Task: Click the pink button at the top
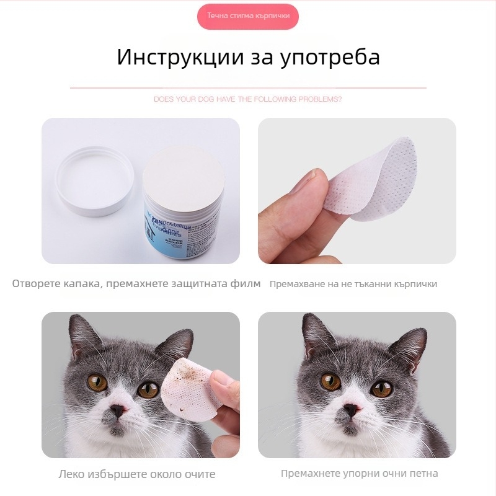[248, 16]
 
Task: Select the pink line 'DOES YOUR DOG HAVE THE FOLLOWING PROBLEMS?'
[248, 99]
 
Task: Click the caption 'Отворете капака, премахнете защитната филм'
[136, 284]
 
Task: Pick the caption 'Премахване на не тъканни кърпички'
[353, 284]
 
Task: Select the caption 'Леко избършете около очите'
[137, 474]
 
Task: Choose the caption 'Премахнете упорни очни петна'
[360, 474]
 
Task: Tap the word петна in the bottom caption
[423, 474]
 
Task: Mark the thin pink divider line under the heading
[248, 89]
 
